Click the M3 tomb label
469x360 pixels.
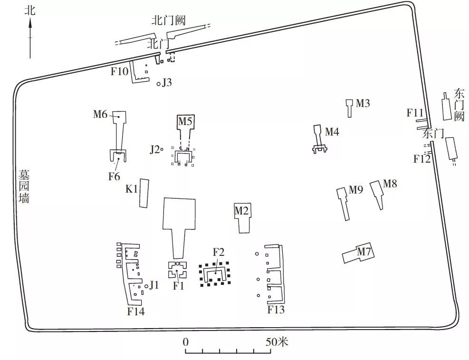363,103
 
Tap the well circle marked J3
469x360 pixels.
159,84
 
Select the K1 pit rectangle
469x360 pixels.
144,194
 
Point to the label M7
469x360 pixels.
364,252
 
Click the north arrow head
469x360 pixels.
30,23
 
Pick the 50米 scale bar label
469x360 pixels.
277,341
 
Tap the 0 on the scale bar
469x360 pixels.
186,342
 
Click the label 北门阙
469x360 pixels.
169,20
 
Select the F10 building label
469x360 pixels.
119,71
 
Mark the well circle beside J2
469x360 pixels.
162,149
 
